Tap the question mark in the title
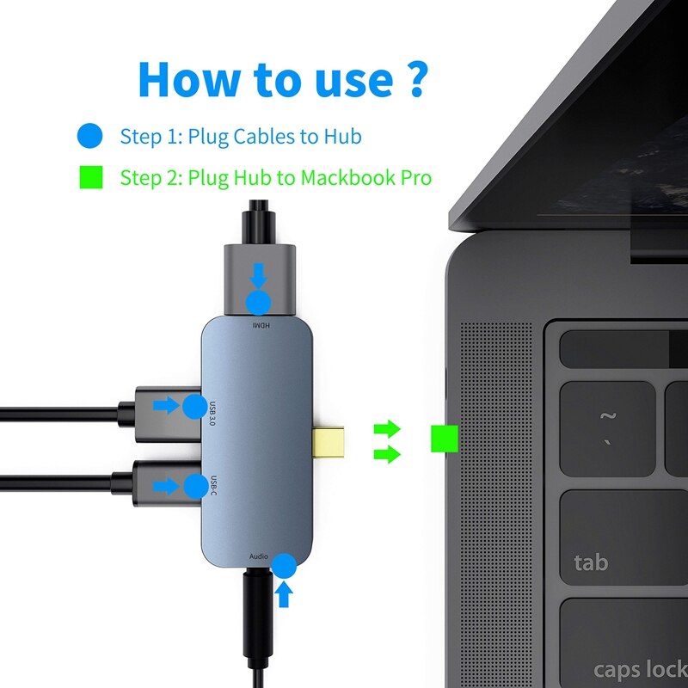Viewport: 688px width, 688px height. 414,78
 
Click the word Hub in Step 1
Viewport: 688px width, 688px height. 343,136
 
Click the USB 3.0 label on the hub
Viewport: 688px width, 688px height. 212,413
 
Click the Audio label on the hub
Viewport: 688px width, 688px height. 259,556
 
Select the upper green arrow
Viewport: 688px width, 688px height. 388,427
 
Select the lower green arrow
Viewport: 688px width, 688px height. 388,453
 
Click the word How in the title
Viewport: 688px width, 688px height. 188,78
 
